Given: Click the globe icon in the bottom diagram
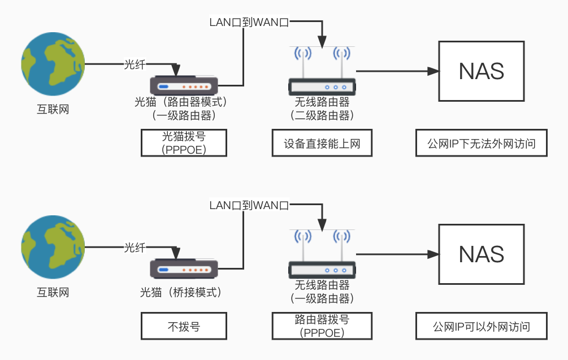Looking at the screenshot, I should pyautogui.click(x=53, y=247).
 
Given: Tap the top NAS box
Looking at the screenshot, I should pyautogui.click(x=482, y=71).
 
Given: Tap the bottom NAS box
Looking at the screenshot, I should pyautogui.click(x=482, y=254).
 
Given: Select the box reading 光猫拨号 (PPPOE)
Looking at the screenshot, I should pyautogui.click(x=184, y=144).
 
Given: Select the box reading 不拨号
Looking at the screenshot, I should pyautogui.click(x=184, y=327).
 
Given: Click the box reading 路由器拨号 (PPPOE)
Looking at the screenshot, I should pyautogui.click(x=322, y=327).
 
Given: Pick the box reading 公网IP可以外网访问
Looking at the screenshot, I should pyautogui.click(x=482, y=327).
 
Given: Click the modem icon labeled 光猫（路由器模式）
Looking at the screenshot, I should pyautogui.click(x=184, y=86).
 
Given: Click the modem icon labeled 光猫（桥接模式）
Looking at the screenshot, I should pyautogui.click(x=184, y=269).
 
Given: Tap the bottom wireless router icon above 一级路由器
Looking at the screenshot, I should pyautogui.click(x=322, y=254).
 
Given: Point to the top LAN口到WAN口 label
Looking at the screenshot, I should pyautogui.click(x=249, y=23).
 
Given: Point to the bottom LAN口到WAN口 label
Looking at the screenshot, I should pyautogui.click(x=249, y=205).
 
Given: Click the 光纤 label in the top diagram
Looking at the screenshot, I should pyautogui.click(x=135, y=64).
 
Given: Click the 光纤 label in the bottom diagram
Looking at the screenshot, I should pyautogui.click(x=135, y=248).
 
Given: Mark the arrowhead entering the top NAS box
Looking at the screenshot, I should pyautogui.click(x=434, y=71).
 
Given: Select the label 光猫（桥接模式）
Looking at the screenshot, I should pyautogui.click(x=180, y=293).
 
